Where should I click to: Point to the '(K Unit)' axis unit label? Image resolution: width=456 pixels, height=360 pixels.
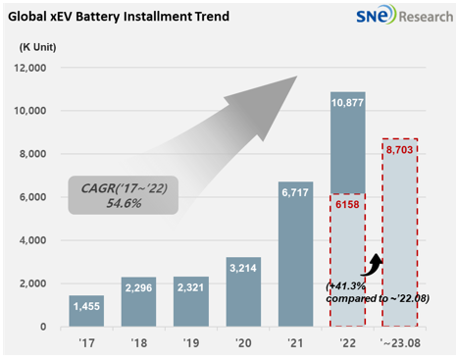40,48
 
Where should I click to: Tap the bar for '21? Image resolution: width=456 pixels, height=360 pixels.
295,254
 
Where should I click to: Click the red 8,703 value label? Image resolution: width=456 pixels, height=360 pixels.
401,150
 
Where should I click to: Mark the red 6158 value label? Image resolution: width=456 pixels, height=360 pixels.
349,205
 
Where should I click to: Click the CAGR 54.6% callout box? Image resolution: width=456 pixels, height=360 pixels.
123,194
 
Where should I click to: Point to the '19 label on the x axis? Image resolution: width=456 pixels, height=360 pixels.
189,343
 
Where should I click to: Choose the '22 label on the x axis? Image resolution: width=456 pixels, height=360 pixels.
348,343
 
